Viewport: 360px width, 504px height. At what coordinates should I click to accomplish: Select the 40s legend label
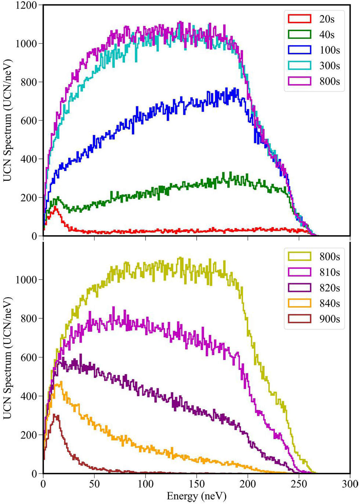(x=326, y=35)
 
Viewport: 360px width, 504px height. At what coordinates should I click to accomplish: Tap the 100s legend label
(x=329, y=50)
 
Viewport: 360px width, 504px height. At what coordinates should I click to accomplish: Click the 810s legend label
(x=329, y=272)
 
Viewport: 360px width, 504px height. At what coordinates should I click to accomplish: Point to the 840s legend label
(x=329, y=303)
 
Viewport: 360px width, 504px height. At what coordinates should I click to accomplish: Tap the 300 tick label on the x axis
(x=349, y=484)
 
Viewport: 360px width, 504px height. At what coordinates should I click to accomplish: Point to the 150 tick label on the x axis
(x=196, y=484)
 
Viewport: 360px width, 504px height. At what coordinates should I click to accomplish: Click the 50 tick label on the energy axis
(x=94, y=484)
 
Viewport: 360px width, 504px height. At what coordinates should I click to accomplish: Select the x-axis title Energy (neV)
(x=196, y=496)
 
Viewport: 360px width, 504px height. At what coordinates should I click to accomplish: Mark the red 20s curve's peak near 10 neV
(x=55, y=207)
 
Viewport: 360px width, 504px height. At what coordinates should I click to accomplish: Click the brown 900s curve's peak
(x=55, y=415)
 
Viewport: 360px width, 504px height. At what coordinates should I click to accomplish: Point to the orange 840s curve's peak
(x=60, y=383)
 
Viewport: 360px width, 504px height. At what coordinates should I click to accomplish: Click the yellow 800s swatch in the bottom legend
(x=300, y=256)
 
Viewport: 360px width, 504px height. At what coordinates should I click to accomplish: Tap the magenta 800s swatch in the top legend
(x=300, y=81)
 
